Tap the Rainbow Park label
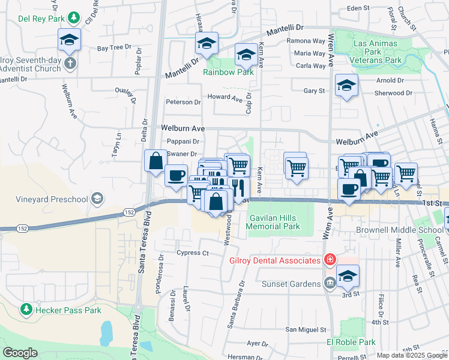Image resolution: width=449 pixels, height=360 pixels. point(228,72)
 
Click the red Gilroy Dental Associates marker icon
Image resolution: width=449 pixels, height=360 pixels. point(329,260)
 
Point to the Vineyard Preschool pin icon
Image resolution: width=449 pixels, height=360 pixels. point(97,199)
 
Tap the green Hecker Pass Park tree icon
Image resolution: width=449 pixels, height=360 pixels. point(26,309)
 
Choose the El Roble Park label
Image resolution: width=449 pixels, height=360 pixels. point(351,342)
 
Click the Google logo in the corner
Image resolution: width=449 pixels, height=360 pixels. point(20,353)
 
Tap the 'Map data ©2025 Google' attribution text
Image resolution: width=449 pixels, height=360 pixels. point(412,355)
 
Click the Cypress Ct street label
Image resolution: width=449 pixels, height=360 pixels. point(193,253)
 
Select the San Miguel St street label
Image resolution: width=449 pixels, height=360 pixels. point(305,329)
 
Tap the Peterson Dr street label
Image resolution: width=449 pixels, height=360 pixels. point(183,103)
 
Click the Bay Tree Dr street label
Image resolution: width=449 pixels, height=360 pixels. point(114,47)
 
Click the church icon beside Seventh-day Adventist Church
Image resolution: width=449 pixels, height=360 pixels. point(70,64)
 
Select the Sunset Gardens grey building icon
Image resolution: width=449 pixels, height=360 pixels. point(330,283)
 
